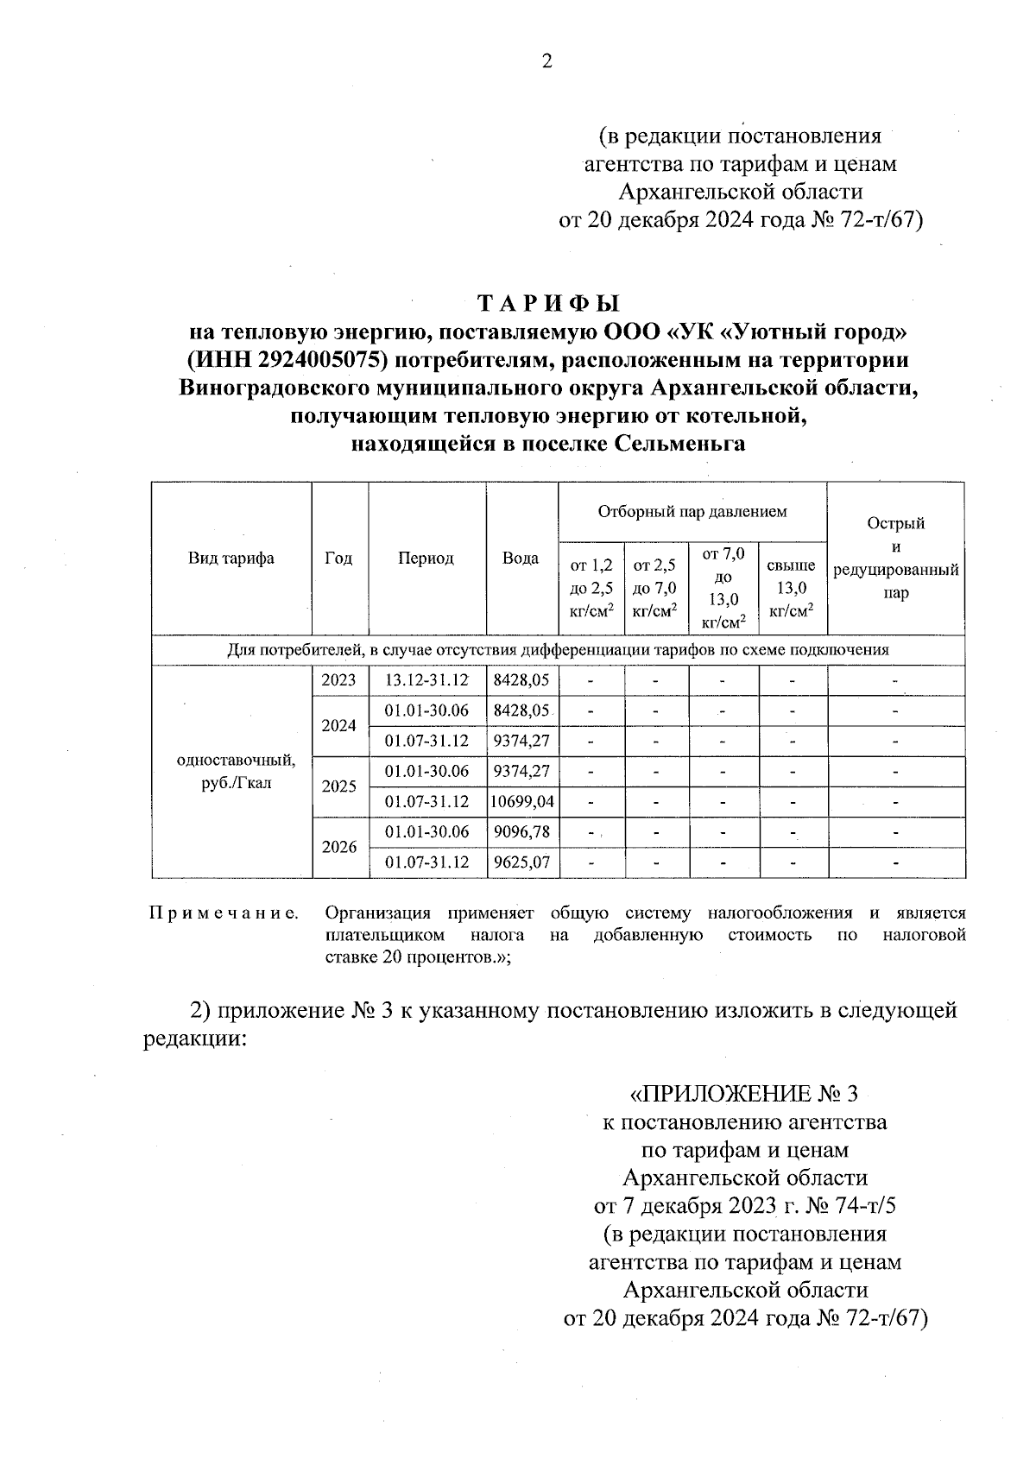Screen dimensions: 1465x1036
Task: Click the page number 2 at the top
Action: (x=546, y=60)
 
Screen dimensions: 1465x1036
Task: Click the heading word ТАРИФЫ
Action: (x=549, y=303)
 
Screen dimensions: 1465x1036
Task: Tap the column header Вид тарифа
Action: (x=231, y=558)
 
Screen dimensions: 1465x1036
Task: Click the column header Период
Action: (x=426, y=558)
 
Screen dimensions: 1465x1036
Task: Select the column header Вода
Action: (x=521, y=558)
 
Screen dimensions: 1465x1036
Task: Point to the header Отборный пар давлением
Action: (x=692, y=511)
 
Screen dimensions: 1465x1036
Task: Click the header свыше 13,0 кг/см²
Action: (x=792, y=588)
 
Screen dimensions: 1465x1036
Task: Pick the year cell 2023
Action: (x=338, y=680)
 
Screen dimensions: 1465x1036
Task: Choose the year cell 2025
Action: (x=338, y=786)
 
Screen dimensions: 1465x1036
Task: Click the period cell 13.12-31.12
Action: (x=426, y=680)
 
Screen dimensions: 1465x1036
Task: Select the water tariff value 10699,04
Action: (x=522, y=802)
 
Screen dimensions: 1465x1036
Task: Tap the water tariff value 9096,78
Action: (x=521, y=832)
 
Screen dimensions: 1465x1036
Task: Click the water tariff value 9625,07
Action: (x=521, y=862)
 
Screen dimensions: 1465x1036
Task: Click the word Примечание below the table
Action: (x=224, y=913)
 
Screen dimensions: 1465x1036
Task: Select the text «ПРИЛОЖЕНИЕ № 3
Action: (x=744, y=1095)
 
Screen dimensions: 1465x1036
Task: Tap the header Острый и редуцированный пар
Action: (x=896, y=558)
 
